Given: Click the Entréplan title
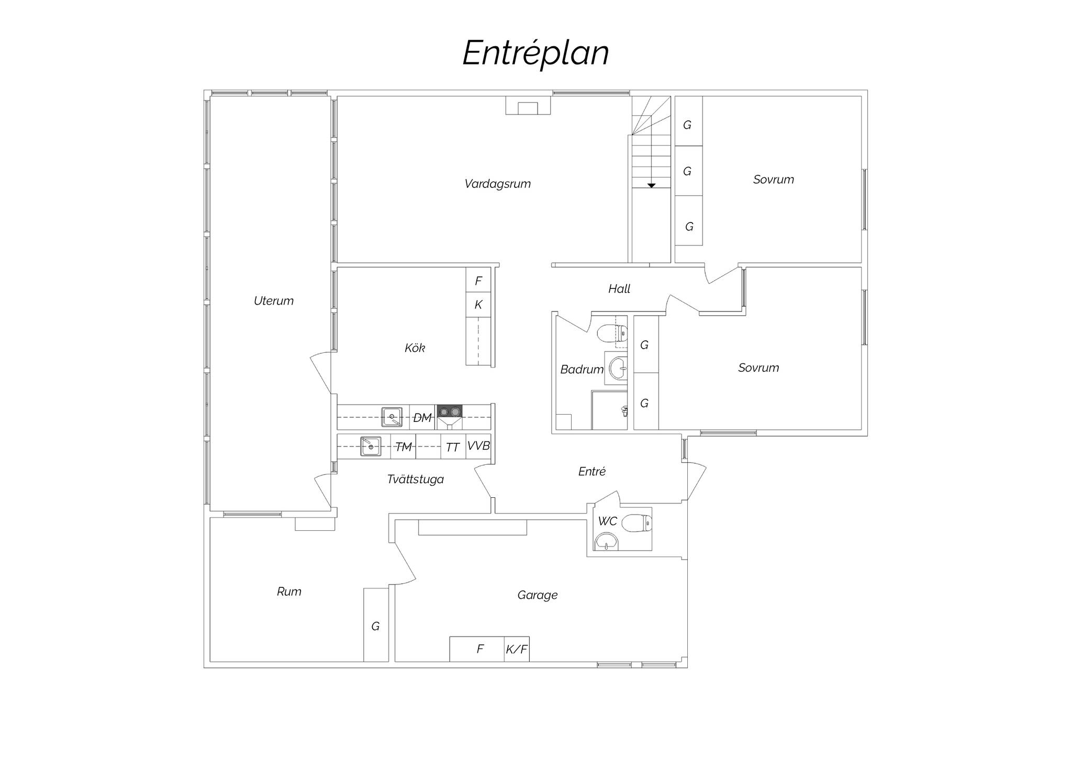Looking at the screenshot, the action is pos(535,53).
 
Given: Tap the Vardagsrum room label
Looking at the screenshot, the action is pos(497,184).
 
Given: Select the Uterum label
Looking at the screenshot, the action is pos(273,301).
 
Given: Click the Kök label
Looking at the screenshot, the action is pos(415,348).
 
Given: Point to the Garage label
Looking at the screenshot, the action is pos(537,595).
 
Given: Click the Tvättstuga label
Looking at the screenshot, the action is pos(415,479).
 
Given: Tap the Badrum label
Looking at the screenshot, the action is pos(582,370).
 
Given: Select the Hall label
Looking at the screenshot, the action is pos(619,288).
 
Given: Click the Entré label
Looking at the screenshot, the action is pos(591,471).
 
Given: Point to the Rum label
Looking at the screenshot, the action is pos(289,592).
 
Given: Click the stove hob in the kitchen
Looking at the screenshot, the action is pos(450,412).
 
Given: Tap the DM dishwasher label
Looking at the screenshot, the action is pos(422,418).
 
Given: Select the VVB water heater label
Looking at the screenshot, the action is pos(478,445).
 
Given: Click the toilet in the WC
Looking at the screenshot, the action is pos(637,523).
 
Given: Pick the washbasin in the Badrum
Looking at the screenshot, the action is pos(618,368).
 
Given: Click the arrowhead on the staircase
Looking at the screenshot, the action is pos(651,185).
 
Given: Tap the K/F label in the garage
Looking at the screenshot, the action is pos(517,650).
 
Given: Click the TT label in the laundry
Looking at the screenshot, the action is pos(452,447).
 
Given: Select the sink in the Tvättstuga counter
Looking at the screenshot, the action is pos(371,446).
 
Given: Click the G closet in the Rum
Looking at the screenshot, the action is pos(376,625).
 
